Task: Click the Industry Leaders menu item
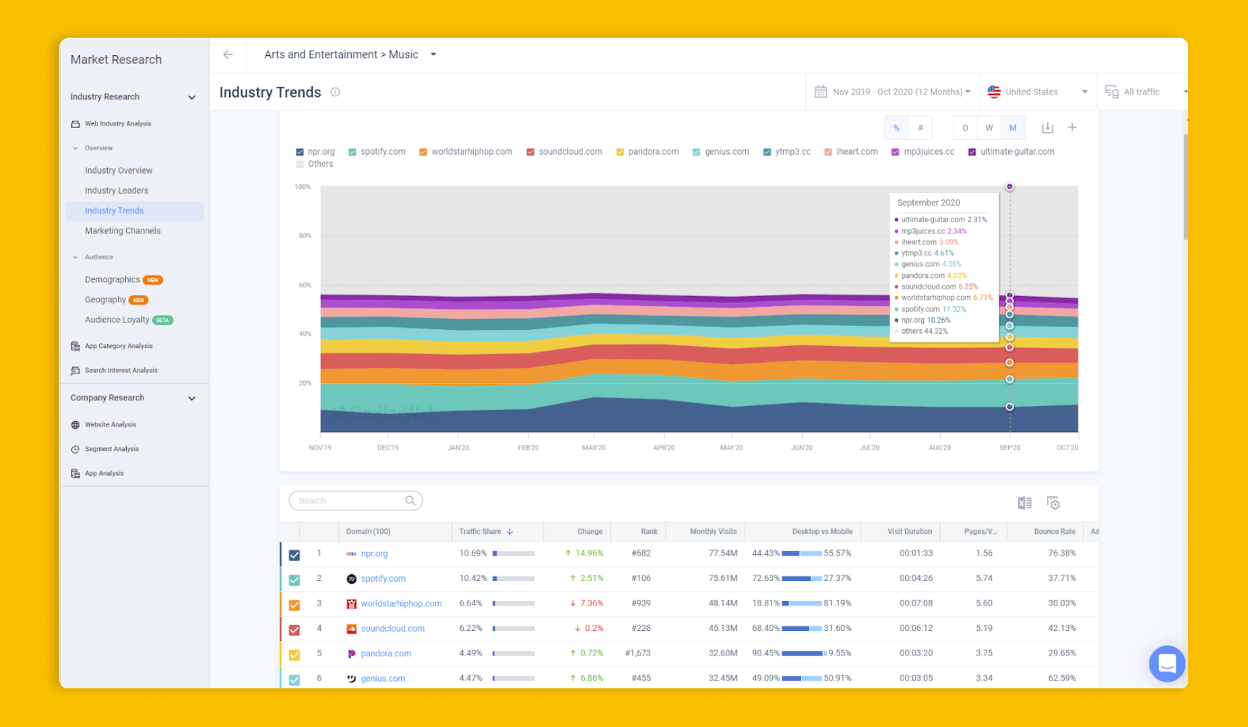pyautogui.click(x=116, y=191)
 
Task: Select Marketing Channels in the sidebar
pyautogui.click(x=122, y=231)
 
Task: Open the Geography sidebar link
pyautogui.click(x=105, y=300)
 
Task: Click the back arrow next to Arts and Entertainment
pyautogui.click(x=228, y=55)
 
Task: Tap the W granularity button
pyautogui.click(x=989, y=128)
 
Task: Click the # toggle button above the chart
pyautogui.click(x=920, y=128)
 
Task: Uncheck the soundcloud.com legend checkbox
pyautogui.click(x=530, y=152)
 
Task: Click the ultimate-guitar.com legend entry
pyautogui.click(x=1016, y=152)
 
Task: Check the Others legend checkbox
pyautogui.click(x=300, y=164)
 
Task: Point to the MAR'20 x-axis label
pyautogui.click(x=594, y=448)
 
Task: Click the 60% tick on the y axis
pyautogui.click(x=305, y=285)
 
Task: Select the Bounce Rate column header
pyautogui.click(x=1054, y=532)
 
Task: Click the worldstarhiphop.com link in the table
pyautogui.click(x=401, y=604)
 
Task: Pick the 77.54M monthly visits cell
pyautogui.click(x=722, y=553)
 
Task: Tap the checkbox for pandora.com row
pyautogui.click(x=294, y=654)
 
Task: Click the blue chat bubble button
pyautogui.click(x=1167, y=664)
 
